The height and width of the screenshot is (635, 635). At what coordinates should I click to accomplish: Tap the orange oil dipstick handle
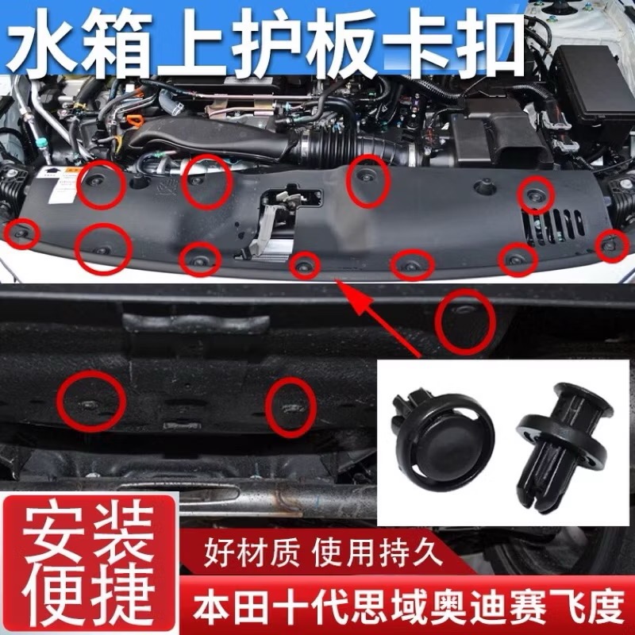(x=134, y=121)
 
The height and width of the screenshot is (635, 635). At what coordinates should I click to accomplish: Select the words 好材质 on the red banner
(x=252, y=552)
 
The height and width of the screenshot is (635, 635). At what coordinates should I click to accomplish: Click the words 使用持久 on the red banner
(x=377, y=552)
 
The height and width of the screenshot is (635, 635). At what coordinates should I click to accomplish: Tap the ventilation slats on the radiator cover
(x=553, y=226)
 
